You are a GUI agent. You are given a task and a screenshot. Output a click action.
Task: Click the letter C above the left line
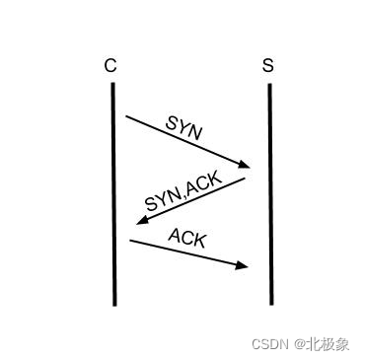pyautogui.click(x=110, y=66)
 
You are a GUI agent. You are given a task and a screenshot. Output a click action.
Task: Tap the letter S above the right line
pyautogui.click(x=268, y=66)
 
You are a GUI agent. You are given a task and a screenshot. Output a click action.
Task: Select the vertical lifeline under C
pyautogui.click(x=113, y=197)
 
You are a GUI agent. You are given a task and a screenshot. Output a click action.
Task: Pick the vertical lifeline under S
pyautogui.click(x=269, y=197)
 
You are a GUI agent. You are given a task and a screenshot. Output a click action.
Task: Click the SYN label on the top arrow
pyautogui.click(x=184, y=127)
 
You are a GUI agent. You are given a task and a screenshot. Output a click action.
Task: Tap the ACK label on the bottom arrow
pyautogui.click(x=187, y=237)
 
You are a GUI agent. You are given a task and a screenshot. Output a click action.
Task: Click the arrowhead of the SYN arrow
pyautogui.click(x=246, y=165)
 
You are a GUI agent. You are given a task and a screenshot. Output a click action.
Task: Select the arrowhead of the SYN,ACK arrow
pyautogui.click(x=140, y=220)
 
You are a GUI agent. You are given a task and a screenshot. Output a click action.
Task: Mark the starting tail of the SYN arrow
pyautogui.click(x=126, y=116)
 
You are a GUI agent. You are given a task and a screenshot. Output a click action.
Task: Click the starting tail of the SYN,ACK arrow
pyautogui.click(x=245, y=179)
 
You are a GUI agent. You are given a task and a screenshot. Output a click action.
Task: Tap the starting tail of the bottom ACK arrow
pyautogui.click(x=130, y=240)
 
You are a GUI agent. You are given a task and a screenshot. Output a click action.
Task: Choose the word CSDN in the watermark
pyautogui.click(x=268, y=344)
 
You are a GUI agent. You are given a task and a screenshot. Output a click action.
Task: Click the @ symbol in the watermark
pyautogui.click(x=297, y=344)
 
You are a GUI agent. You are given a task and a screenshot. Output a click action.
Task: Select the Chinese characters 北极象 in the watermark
pyautogui.click(x=328, y=344)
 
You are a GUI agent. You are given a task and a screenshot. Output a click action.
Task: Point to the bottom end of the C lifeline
pyautogui.click(x=114, y=303)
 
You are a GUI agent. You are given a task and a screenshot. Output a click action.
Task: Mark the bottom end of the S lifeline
pyautogui.click(x=270, y=303)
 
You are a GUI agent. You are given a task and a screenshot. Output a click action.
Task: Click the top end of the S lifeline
pyautogui.click(x=269, y=85)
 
